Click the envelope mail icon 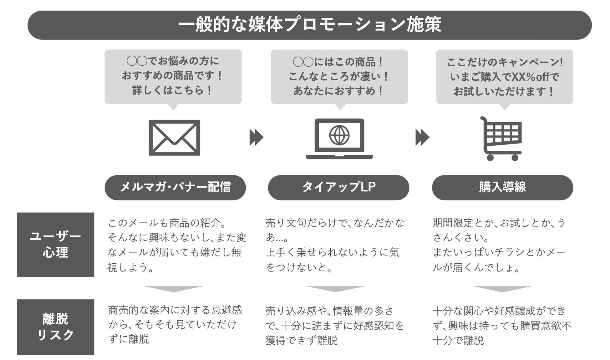coord(174,138)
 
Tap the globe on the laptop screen coord(339,135)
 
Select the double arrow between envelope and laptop coord(256,137)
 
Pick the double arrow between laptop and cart coord(422,137)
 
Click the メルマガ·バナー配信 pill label coord(175,187)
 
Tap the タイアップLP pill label coord(338,187)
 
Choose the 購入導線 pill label coord(502,187)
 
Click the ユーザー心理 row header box coord(56,245)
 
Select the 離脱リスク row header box coord(56,327)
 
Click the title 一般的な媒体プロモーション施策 coord(309,25)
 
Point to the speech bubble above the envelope coord(173,76)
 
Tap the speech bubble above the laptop coord(339,76)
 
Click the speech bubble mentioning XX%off coord(505,76)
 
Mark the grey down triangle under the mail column coord(174,288)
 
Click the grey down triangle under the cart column coord(502,288)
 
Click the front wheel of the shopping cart coord(515,157)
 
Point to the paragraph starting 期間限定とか coord(499,245)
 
